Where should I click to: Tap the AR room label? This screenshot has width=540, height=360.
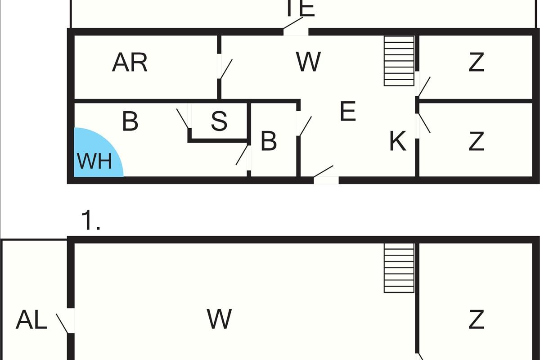pyautogui.click(x=130, y=63)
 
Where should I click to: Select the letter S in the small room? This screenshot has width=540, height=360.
pyautogui.click(x=219, y=121)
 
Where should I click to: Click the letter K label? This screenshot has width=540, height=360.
pyautogui.click(x=398, y=141)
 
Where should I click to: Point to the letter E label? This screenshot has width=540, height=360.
pyautogui.click(x=348, y=111)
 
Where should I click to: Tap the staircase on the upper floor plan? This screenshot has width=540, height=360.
pyautogui.click(x=399, y=61)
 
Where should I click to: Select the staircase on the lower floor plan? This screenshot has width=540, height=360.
pyautogui.click(x=399, y=268)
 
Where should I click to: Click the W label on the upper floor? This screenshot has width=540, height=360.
pyautogui.click(x=309, y=62)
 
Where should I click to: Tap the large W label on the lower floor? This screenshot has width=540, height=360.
pyautogui.click(x=220, y=319)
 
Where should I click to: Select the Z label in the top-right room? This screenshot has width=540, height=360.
pyautogui.click(x=476, y=63)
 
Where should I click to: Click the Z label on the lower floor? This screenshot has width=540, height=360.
pyautogui.click(x=476, y=320)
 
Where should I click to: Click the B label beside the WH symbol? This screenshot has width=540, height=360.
pyautogui.click(x=130, y=121)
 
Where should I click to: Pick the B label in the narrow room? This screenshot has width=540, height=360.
pyautogui.click(x=269, y=141)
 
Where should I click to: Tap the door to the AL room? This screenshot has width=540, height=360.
pyautogui.click(x=66, y=322)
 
